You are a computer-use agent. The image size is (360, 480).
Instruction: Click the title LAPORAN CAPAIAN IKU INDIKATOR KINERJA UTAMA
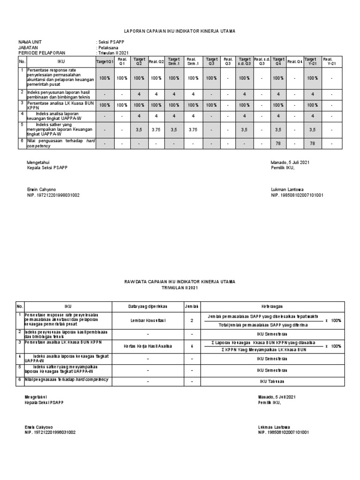[x=180, y=31]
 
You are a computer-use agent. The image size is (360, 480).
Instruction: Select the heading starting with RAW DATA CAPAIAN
[x=180, y=282]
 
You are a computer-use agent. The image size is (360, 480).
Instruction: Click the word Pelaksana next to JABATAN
[x=109, y=47]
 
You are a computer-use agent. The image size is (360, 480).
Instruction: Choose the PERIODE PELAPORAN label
[x=42, y=52]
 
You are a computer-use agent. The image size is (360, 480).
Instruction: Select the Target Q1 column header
[x=105, y=61]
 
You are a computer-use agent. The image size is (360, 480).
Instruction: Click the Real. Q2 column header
[x=156, y=61]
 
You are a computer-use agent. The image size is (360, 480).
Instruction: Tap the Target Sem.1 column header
[x=173, y=61]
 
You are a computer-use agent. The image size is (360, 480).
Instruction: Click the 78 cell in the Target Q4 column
[x=278, y=143]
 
